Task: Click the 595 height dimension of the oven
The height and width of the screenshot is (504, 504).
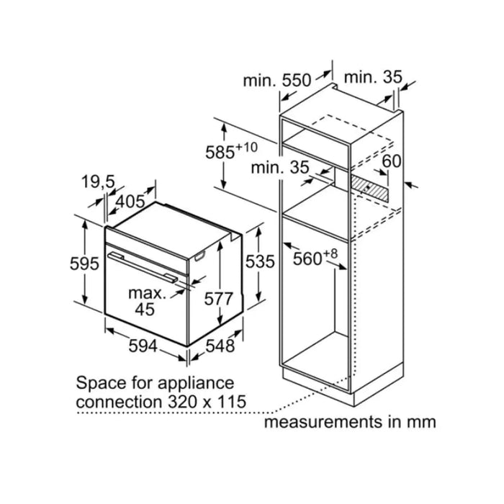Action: click(84, 264)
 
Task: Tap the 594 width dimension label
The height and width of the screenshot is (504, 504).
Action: click(143, 346)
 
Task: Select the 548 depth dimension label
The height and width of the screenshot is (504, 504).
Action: click(220, 346)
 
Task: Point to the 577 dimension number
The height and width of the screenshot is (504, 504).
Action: click(218, 299)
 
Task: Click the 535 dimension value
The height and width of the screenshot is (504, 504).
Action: click(260, 261)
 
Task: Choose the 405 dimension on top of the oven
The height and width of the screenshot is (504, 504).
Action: click(130, 202)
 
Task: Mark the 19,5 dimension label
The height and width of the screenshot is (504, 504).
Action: click(98, 182)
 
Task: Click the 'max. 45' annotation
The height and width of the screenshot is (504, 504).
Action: click(147, 301)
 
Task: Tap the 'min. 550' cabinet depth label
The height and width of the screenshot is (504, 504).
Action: click(277, 81)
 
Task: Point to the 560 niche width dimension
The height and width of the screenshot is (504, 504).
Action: click(315, 257)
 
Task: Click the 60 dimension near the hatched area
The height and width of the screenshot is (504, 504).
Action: click(392, 161)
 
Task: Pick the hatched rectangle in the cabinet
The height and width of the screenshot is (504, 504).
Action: click(369, 189)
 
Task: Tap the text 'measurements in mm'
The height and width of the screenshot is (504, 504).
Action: click(350, 422)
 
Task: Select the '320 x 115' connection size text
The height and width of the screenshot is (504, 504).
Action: click(207, 402)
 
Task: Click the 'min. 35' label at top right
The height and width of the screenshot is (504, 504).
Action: click(373, 78)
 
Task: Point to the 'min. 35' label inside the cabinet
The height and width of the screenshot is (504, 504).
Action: click(280, 168)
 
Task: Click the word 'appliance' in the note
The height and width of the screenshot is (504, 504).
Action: click(196, 384)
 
